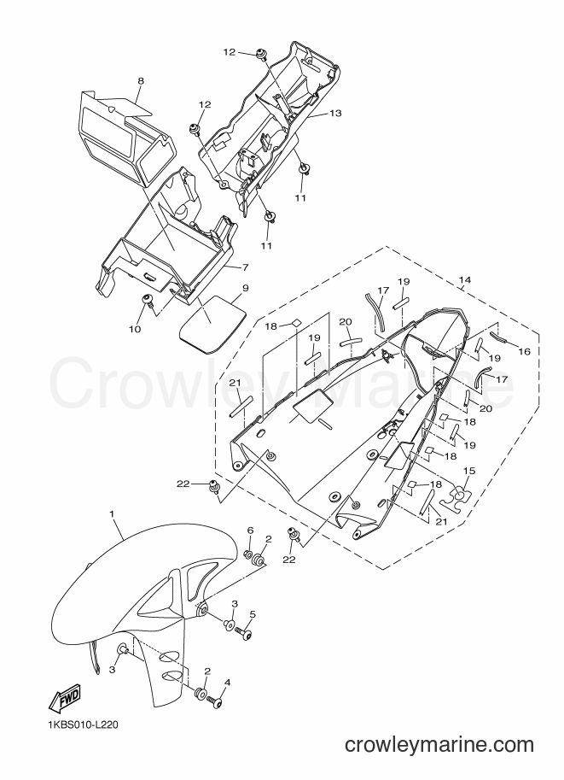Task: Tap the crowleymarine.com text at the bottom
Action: point(439,745)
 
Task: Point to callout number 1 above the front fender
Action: point(112,513)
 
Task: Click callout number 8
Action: point(141,80)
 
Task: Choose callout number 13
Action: point(335,113)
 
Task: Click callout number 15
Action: point(469,470)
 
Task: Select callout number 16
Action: point(524,352)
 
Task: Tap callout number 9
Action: point(246,288)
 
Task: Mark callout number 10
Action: point(135,329)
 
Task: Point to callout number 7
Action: point(245,267)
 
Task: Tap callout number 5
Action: point(253,614)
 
